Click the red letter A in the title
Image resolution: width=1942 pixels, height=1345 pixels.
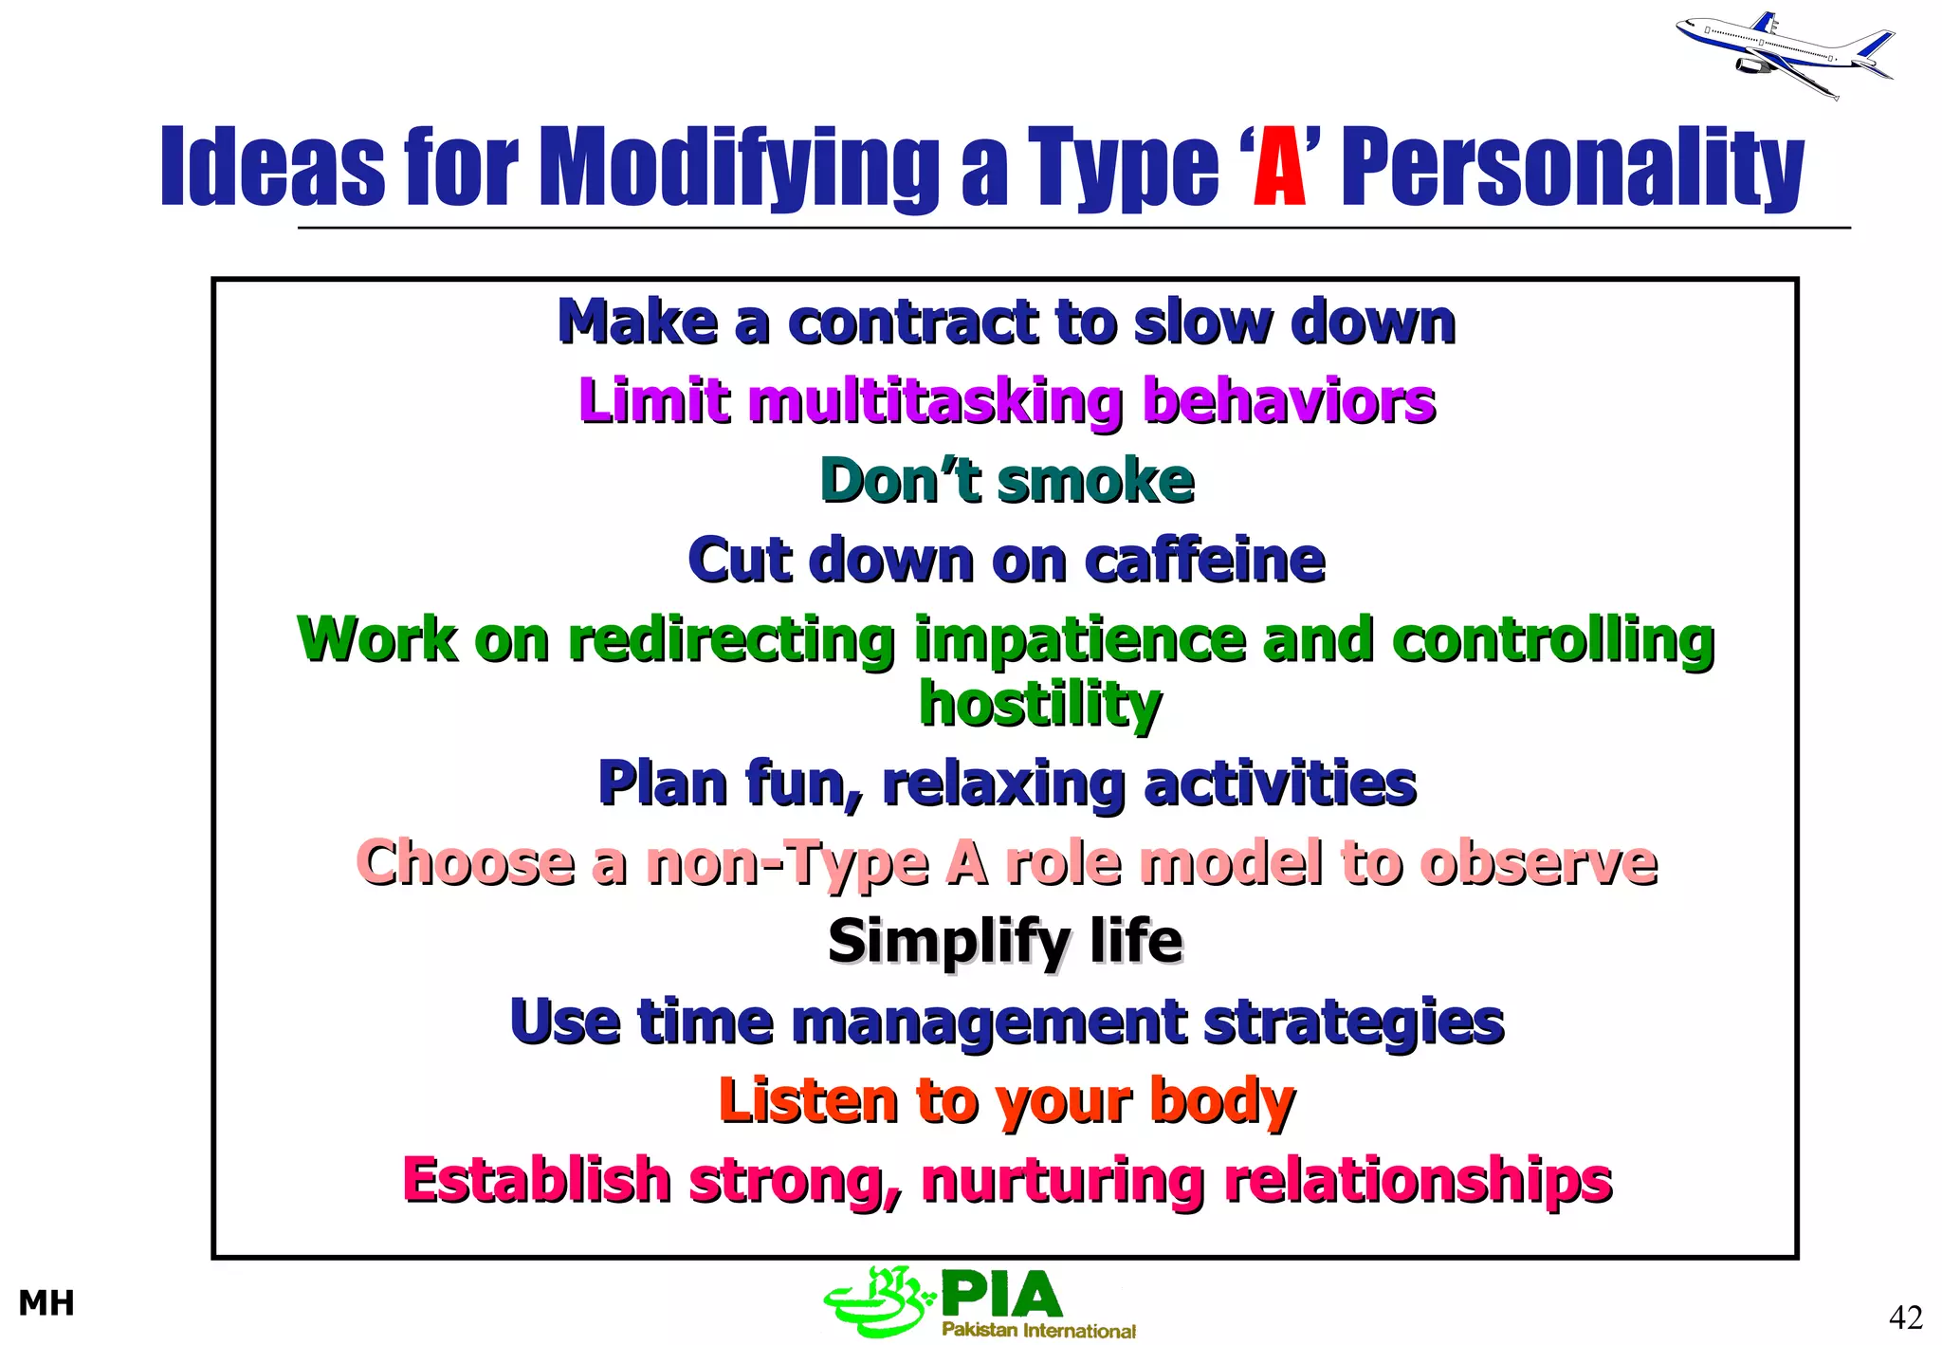[x=1279, y=168]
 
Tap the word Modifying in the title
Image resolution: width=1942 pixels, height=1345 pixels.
[x=740, y=168]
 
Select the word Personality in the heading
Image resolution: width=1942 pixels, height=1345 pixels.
[x=1572, y=168]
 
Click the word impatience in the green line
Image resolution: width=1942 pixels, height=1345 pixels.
[x=1079, y=640]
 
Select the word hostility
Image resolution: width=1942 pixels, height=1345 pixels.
[x=1039, y=705]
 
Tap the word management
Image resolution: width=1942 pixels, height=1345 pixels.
[x=988, y=1022]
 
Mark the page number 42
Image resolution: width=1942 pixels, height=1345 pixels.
[x=1906, y=1317]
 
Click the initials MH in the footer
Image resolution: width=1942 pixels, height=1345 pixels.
[x=46, y=1304]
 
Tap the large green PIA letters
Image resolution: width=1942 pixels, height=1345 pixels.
[x=1001, y=1295]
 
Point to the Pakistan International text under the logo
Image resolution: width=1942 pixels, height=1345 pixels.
[x=1038, y=1331]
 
